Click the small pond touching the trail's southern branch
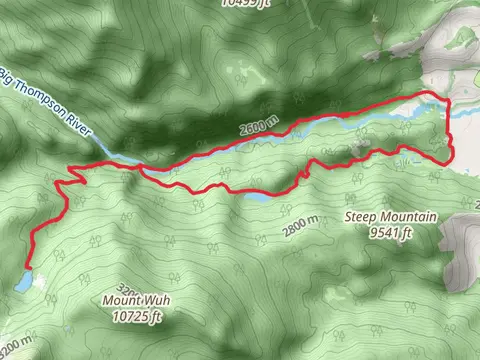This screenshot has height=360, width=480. (x=256, y=198)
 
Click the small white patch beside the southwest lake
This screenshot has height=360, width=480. (x=38, y=281)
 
